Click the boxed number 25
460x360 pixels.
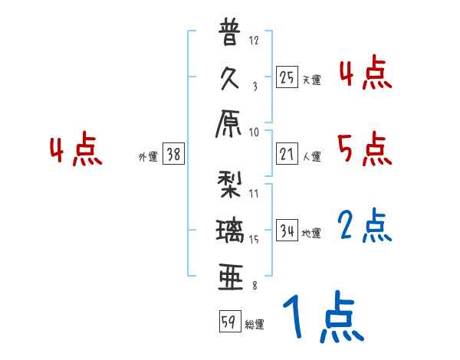tap(286, 77)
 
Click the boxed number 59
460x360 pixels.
tap(228, 321)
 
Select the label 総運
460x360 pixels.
tap(255, 324)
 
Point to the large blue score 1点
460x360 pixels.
tap(322, 317)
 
